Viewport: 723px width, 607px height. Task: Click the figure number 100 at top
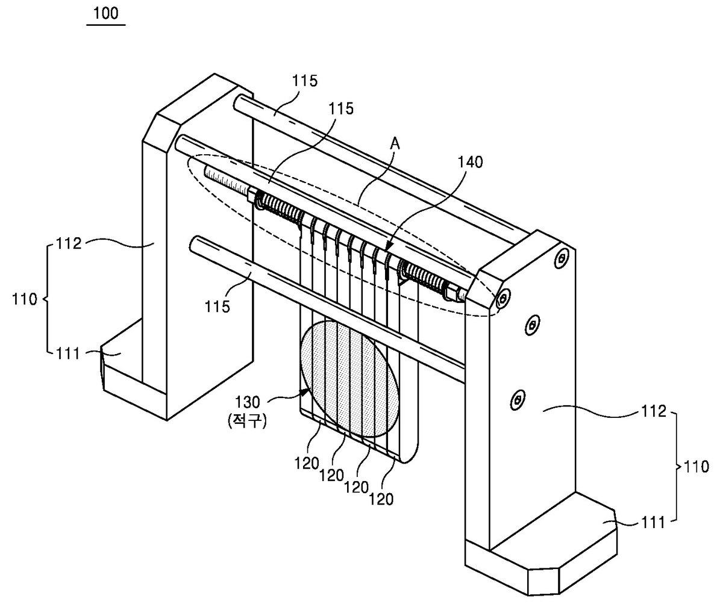pos(106,13)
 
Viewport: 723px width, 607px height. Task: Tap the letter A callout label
pos(395,143)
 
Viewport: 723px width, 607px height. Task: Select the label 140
pos(470,162)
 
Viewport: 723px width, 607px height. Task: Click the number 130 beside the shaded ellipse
pos(247,402)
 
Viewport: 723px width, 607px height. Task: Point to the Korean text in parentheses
pos(247,420)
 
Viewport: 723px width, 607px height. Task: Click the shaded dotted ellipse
pos(349,379)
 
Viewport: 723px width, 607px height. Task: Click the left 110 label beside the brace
pos(24,299)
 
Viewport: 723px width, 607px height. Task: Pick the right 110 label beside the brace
pos(696,467)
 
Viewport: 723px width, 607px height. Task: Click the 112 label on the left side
pos(69,244)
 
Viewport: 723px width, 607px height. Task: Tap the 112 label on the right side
pos(653,411)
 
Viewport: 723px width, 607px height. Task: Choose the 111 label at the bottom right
pos(653,523)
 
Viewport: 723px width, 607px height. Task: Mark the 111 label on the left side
pos(68,353)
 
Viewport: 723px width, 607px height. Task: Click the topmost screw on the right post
pos(562,258)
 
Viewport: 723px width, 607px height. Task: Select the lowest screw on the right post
pos(516,400)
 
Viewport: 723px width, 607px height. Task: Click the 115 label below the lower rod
pos(217,307)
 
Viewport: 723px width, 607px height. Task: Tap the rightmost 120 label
pos(381,499)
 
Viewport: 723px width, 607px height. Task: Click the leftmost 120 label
pos(307,463)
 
